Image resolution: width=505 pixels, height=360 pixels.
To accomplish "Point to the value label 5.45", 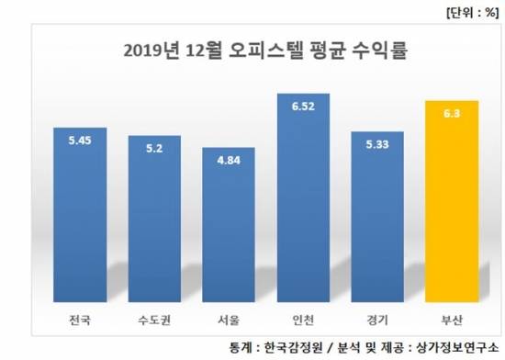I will (x=80, y=142).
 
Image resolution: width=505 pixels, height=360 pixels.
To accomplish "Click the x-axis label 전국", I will (x=80, y=322).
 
